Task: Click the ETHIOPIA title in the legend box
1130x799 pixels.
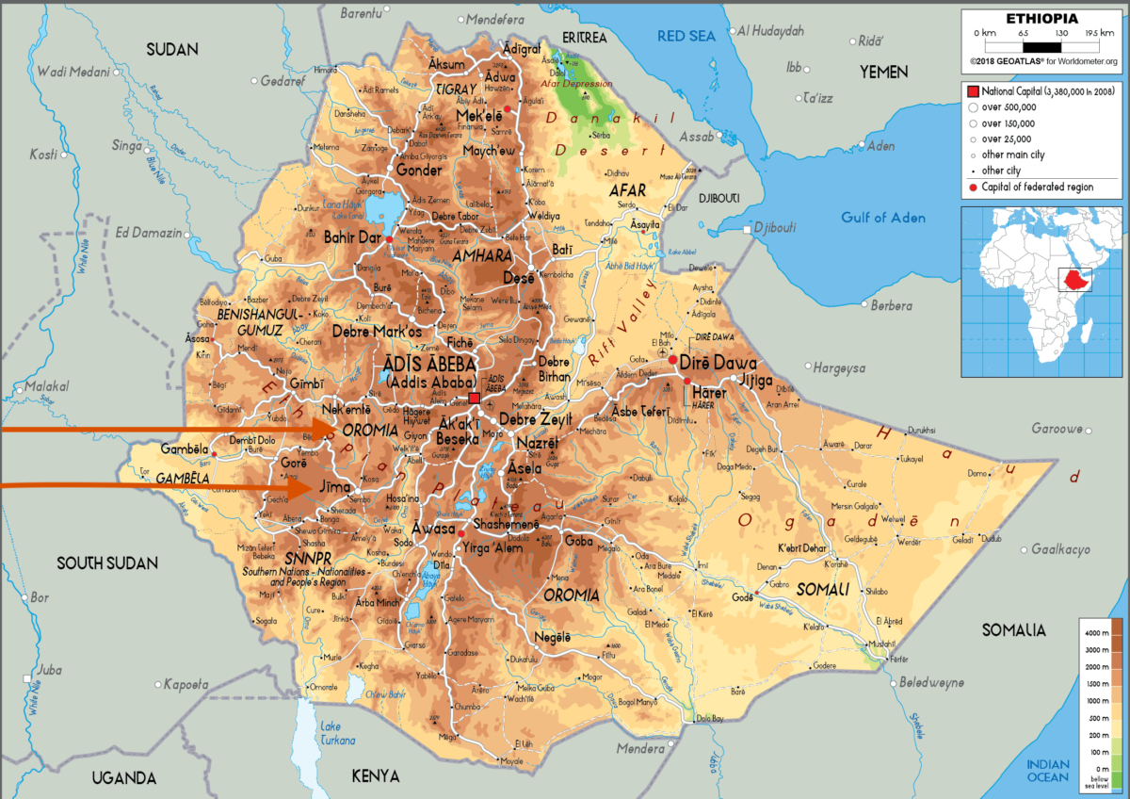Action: click(x=1041, y=19)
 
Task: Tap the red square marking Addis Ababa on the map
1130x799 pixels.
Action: click(x=474, y=399)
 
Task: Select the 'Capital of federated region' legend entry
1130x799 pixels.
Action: click(x=1036, y=187)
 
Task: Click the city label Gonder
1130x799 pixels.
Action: click(x=418, y=171)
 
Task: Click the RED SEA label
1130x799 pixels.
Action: click(x=686, y=36)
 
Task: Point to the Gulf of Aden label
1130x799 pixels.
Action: click(x=883, y=218)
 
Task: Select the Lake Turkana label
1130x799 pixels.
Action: click(x=331, y=733)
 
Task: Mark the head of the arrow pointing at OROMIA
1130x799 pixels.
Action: click(x=337, y=430)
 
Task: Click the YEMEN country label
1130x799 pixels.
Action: click(x=883, y=73)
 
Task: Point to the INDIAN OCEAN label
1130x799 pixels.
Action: click(x=1048, y=771)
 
